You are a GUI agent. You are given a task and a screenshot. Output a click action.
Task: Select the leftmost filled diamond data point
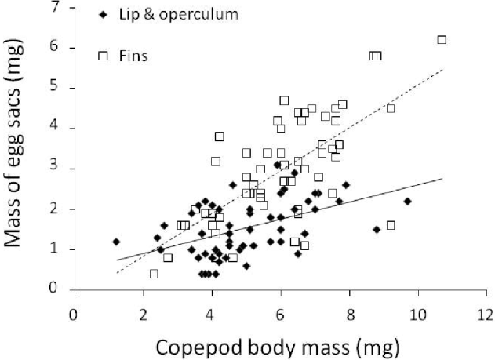116,242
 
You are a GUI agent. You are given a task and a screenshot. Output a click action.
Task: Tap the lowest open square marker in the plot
155,274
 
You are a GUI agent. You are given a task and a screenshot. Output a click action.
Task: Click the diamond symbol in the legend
102,16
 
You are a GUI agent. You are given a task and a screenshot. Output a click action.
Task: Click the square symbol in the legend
102,56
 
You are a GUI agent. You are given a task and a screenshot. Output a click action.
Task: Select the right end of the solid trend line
443,179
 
